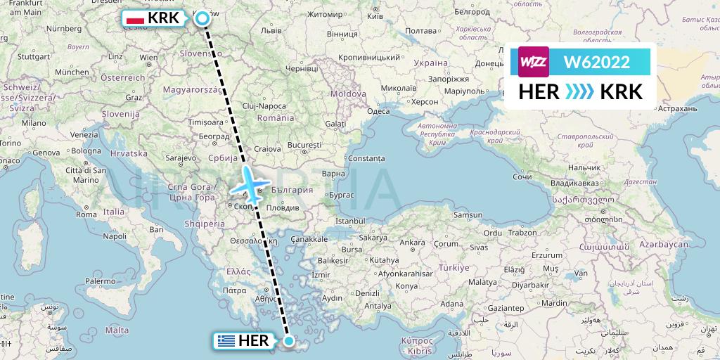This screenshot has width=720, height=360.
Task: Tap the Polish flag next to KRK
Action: [x=134, y=19]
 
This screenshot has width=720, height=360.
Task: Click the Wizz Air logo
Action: [x=533, y=62]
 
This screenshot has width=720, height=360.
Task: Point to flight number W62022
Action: [x=597, y=62]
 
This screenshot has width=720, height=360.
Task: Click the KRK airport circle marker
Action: [x=202, y=19]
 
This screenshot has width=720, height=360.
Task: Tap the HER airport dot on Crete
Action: [x=288, y=341]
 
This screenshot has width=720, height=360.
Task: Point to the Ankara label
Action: [x=413, y=243]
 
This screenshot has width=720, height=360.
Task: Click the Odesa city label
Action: [x=378, y=111]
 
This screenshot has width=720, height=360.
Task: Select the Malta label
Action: [x=117, y=329]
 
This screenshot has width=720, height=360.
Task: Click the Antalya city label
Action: [x=378, y=305]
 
